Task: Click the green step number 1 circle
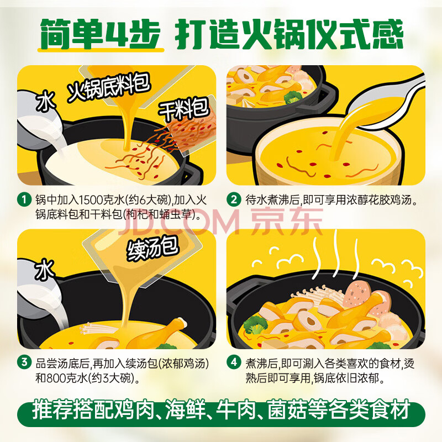[24, 199]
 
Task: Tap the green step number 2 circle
[234, 199]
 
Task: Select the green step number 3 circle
[24, 362]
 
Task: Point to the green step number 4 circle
[234, 362]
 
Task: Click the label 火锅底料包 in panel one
[108, 87]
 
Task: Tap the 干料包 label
[184, 108]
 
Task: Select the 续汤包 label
[153, 248]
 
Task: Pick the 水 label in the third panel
[45, 270]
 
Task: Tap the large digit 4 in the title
[118, 34]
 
